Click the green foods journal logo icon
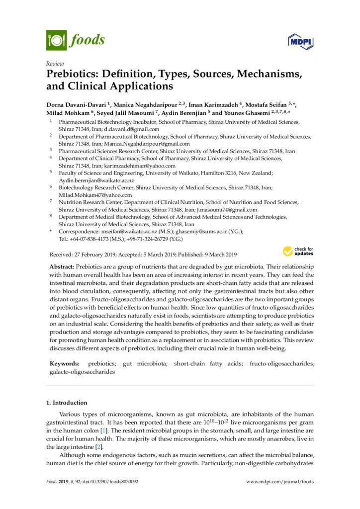[x=56, y=40]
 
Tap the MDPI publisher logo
[x=299, y=41]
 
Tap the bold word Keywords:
[x=64, y=364]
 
